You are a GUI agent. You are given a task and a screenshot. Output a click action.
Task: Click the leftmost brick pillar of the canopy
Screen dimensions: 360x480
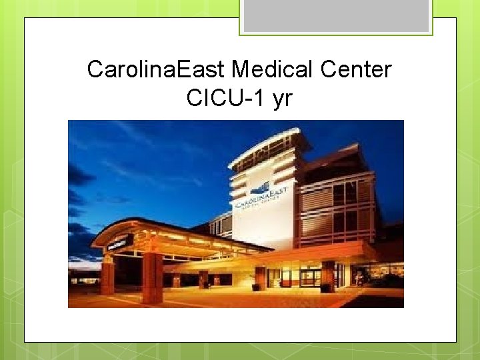pos(107,277)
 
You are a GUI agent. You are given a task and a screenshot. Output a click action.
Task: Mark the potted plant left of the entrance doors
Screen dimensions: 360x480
pos(255,285)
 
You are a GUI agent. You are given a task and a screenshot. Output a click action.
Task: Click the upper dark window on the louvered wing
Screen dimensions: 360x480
pos(346,194)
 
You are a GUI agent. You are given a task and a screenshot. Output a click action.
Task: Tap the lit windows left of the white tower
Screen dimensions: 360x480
pos(219,225)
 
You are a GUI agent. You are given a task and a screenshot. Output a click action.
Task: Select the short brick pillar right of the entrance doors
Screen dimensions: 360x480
pos(328,277)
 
